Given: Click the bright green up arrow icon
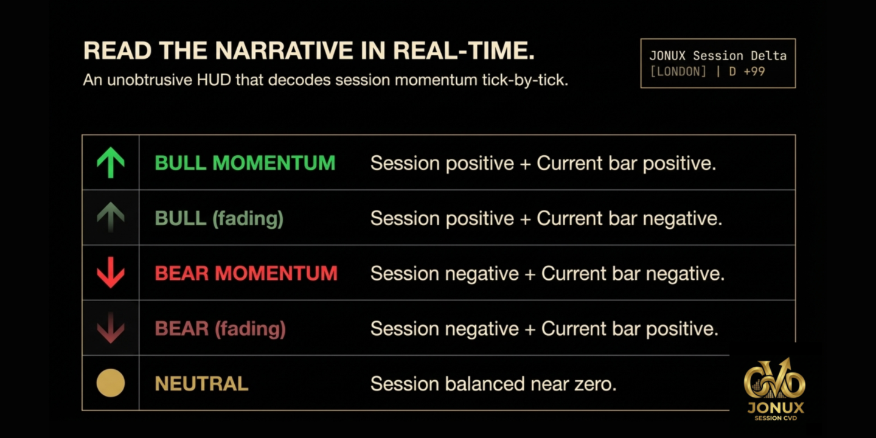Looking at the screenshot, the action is click(x=111, y=162).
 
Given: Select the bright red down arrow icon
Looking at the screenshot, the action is click(x=111, y=273).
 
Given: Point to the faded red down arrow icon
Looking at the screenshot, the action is click(x=111, y=328).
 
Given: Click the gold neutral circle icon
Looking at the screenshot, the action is click(x=111, y=383).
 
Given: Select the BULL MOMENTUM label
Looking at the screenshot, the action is click(x=245, y=163).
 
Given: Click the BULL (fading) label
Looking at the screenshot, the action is click(x=219, y=218).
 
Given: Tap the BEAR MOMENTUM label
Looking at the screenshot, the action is click(x=246, y=273).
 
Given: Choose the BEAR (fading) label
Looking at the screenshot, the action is click(x=220, y=328).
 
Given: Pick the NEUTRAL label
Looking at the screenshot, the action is click(x=201, y=384).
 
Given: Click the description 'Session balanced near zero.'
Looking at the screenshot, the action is click(x=493, y=384).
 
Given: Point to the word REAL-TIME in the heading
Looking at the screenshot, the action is click(x=464, y=50).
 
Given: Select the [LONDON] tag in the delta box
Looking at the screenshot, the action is click(x=678, y=72).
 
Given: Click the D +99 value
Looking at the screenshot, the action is click(x=747, y=72).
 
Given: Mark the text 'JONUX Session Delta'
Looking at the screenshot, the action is click(x=718, y=55).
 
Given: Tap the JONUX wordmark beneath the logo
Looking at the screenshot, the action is click(x=776, y=408).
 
